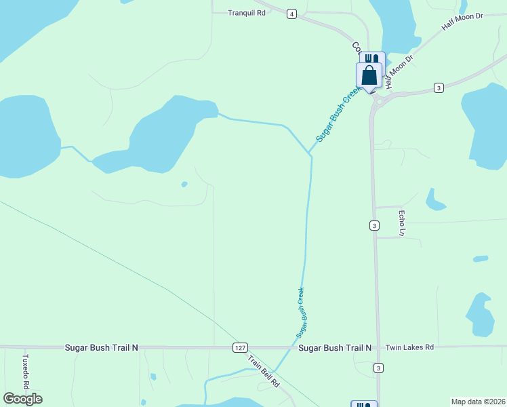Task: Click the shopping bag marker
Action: (x=369, y=75)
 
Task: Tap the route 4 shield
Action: (x=291, y=14)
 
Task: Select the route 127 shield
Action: (x=239, y=347)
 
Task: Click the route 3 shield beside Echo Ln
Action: (x=374, y=225)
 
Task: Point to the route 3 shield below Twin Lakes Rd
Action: (x=378, y=368)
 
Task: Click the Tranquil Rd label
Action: (x=247, y=13)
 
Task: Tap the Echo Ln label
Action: (x=401, y=222)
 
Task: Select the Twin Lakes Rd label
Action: (x=409, y=347)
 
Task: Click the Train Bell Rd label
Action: (x=263, y=371)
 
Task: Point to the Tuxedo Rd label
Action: (x=26, y=370)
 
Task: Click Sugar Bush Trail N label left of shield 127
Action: (x=102, y=347)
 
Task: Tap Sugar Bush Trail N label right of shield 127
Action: (x=335, y=347)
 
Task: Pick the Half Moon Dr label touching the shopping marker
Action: (x=396, y=71)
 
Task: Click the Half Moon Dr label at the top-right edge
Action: (x=462, y=21)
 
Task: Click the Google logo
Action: (x=22, y=399)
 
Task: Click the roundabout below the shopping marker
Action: (x=378, y=100)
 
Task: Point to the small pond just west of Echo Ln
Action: (x=434, y=201)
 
